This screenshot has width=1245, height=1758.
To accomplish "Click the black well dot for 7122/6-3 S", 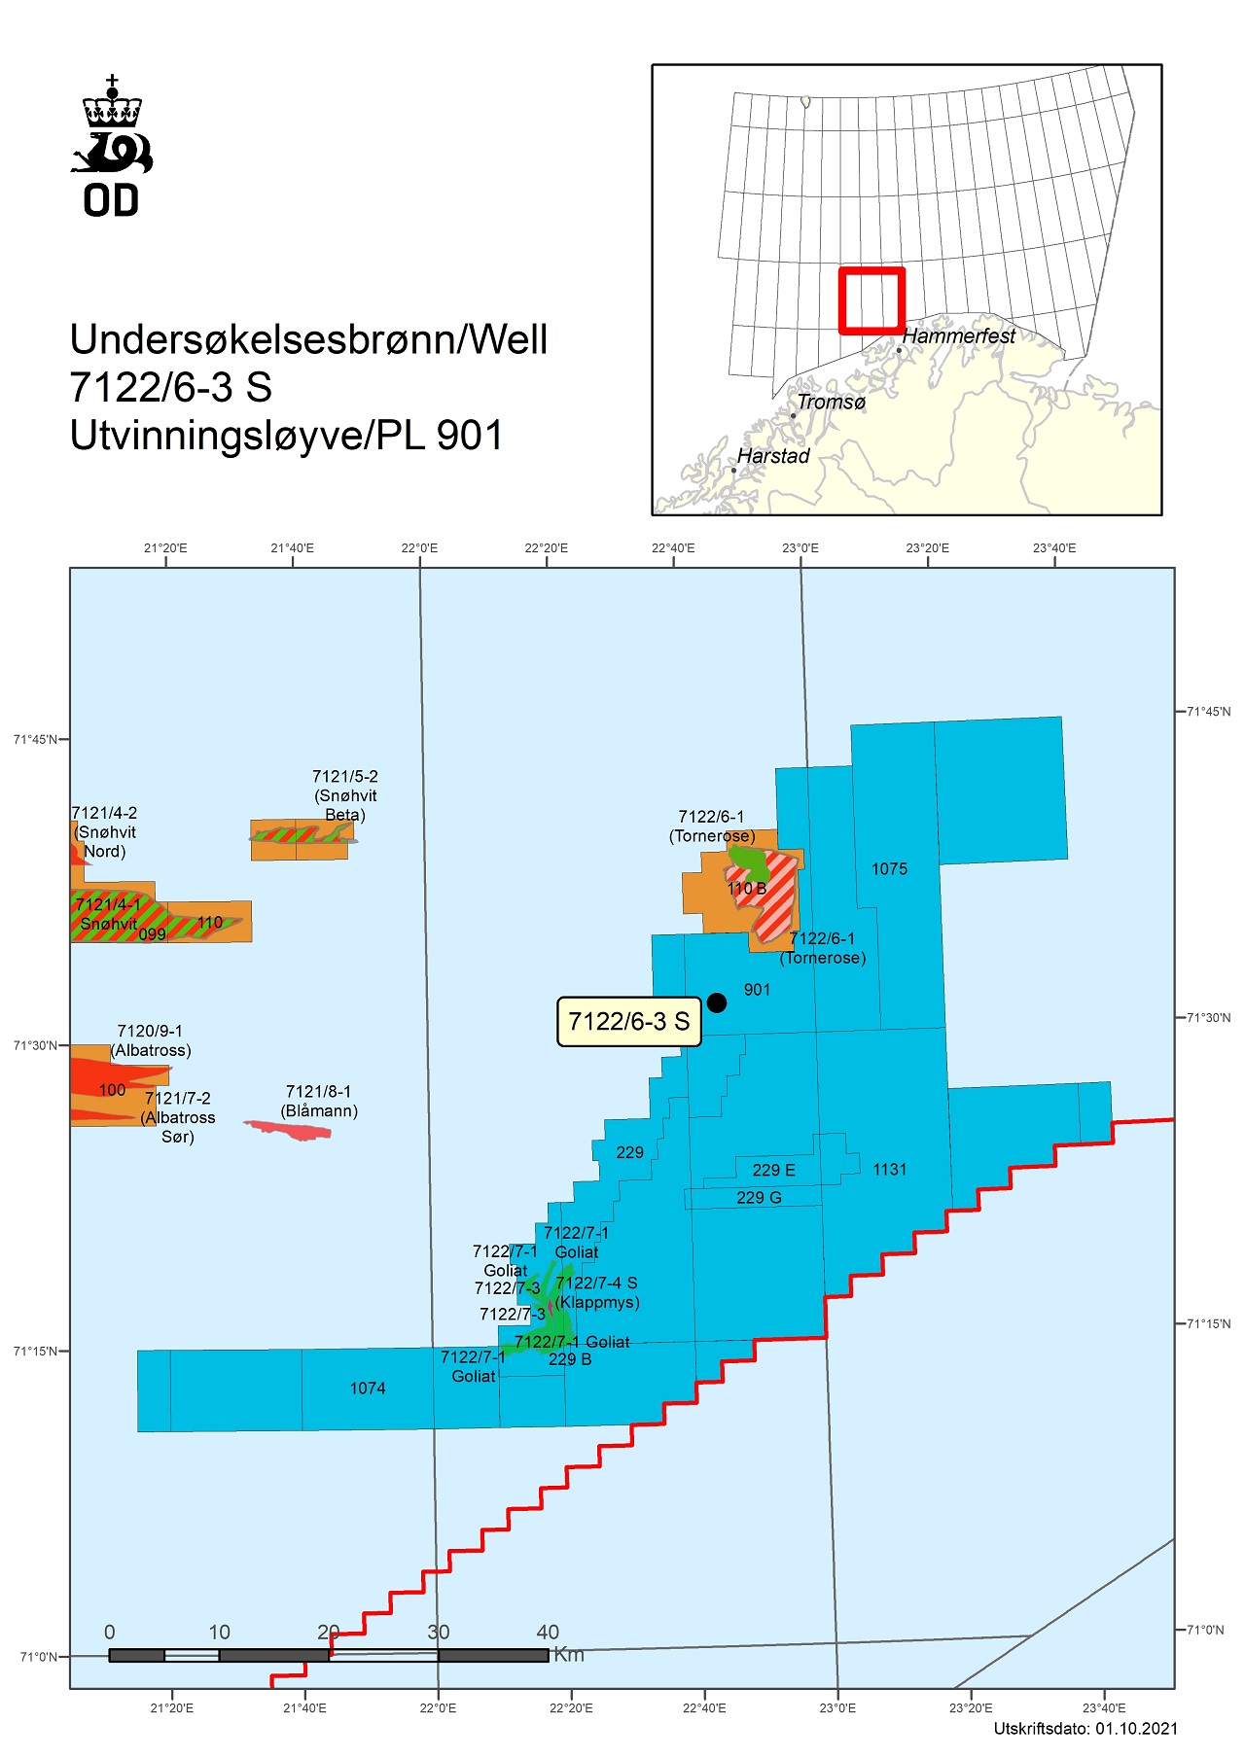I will pos(717,1002).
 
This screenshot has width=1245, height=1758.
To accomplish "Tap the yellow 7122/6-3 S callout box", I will pos(628,1022).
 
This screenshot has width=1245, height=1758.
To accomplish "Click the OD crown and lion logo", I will pos(112,146).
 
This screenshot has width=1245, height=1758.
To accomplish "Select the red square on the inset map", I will pos(872,300).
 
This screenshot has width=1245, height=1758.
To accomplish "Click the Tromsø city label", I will pos(831,403).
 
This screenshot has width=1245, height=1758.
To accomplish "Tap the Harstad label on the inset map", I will pos(772,456).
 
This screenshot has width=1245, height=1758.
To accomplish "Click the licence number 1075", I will pos(889,869).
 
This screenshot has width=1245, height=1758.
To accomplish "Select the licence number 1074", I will pos(368,1389).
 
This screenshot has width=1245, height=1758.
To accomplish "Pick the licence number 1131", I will pos(889,1170).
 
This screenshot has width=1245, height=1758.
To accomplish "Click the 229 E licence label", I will pos(773,1171).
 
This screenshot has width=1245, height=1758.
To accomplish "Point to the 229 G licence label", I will pos(759,1198).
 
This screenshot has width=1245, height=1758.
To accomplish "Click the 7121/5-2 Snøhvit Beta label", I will pos(345,795).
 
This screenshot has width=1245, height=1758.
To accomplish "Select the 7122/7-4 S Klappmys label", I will pos(597,1292).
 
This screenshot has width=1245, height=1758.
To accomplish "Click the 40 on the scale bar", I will pos(548,1633).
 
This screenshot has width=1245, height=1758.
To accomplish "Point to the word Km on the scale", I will pos(569,1655).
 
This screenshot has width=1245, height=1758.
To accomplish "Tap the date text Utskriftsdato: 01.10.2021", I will pos(1085,1728).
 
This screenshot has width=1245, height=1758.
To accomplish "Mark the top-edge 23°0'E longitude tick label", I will pos(800,548).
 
